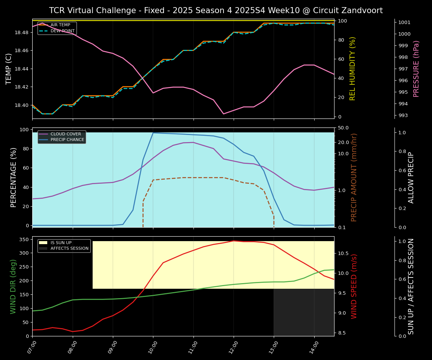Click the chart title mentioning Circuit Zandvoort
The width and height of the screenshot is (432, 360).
216,10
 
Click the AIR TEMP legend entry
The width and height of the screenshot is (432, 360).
60,25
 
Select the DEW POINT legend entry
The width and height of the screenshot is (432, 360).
62,31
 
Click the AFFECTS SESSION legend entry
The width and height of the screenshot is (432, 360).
69,248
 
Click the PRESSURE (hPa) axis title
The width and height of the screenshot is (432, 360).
416,69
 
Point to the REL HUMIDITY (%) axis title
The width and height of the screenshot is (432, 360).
352,69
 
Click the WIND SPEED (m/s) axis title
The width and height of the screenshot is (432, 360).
354,286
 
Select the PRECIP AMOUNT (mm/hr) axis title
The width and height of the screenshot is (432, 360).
354,177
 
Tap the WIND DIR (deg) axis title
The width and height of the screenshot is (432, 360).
13,286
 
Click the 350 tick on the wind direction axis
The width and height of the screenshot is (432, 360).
24,239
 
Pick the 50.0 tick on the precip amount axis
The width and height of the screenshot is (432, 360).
343,128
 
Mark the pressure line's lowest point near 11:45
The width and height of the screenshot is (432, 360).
223,114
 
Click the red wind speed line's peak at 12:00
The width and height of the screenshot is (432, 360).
234,241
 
